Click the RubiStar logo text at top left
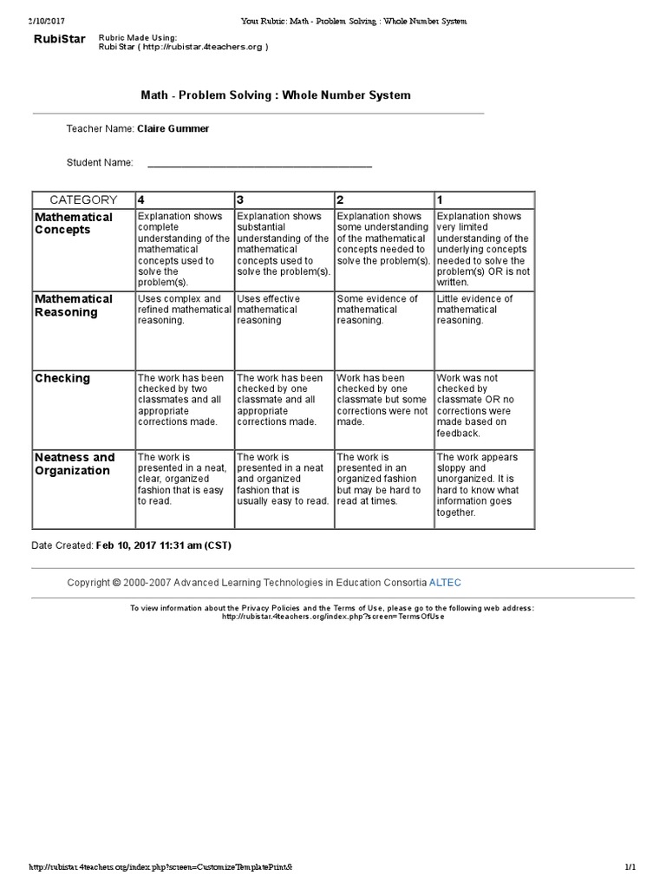tap(59, 39)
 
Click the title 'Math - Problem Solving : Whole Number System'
tap(276, 95)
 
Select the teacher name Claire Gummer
tap(173, 128)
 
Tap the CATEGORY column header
tap(83, 199)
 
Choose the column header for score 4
tap(184, 199)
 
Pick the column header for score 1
tap(484, 199)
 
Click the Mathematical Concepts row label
tap(74, 223)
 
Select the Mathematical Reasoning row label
tap(74, 305)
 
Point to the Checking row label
tap(62, 378)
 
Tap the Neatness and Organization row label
tap(75, 464)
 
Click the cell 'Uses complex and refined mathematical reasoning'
tap(184, 310)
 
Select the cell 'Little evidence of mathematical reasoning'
tap(484, 310)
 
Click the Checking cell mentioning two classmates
tap(184, 400)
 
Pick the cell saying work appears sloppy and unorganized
tap(484, 485)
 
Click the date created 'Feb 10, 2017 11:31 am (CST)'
tap(164, 545)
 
